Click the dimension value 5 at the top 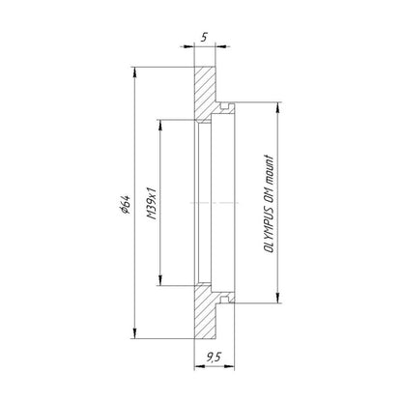(204, 38)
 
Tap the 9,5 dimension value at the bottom (214, 357)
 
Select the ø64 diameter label (125, 204)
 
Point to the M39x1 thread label (152, 203)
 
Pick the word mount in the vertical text (269, 170)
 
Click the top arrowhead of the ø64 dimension (135, 72)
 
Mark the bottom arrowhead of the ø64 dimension (135, 333)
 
